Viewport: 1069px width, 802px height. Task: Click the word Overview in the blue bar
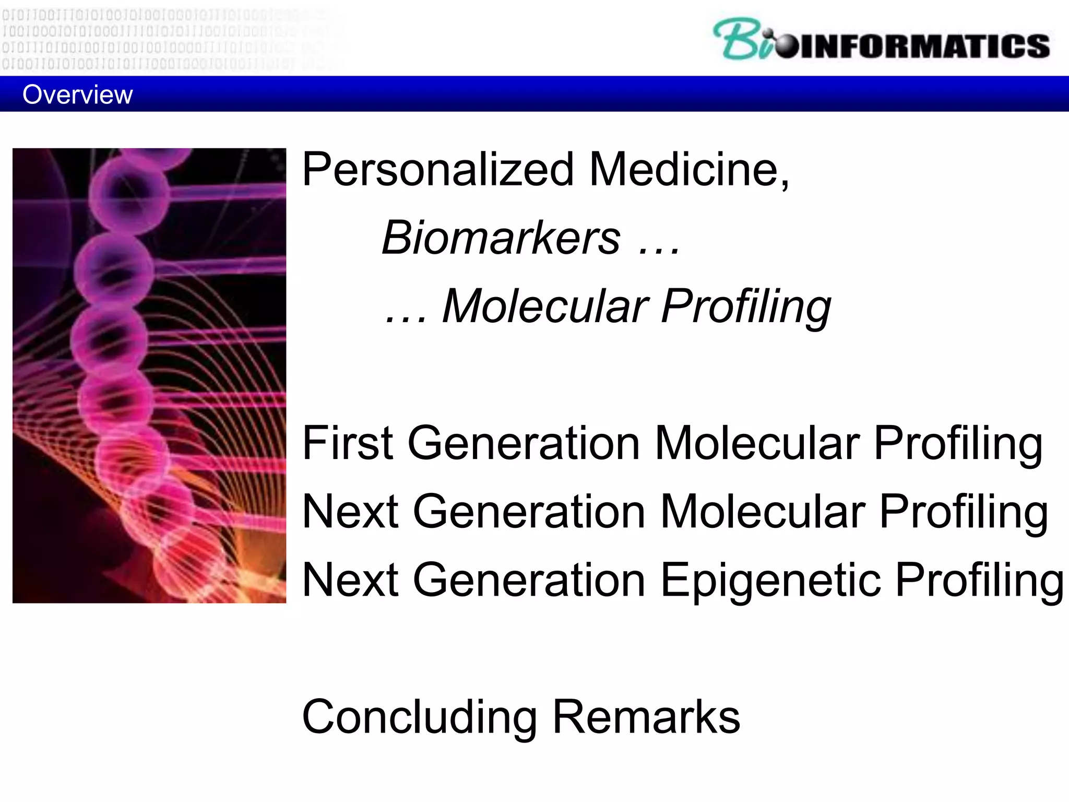[77, 95]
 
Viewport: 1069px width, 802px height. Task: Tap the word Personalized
[437, 169]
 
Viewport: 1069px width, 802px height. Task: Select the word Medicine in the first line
[689, 169]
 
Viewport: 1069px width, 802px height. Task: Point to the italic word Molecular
[545, 306]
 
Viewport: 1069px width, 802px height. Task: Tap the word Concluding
[419, 717]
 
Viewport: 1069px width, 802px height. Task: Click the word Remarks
[646, 717]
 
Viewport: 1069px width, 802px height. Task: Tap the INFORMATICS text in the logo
[924, 46]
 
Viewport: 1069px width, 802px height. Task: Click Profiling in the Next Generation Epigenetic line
[979, 581]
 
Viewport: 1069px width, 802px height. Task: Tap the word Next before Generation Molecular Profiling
[350, 512]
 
